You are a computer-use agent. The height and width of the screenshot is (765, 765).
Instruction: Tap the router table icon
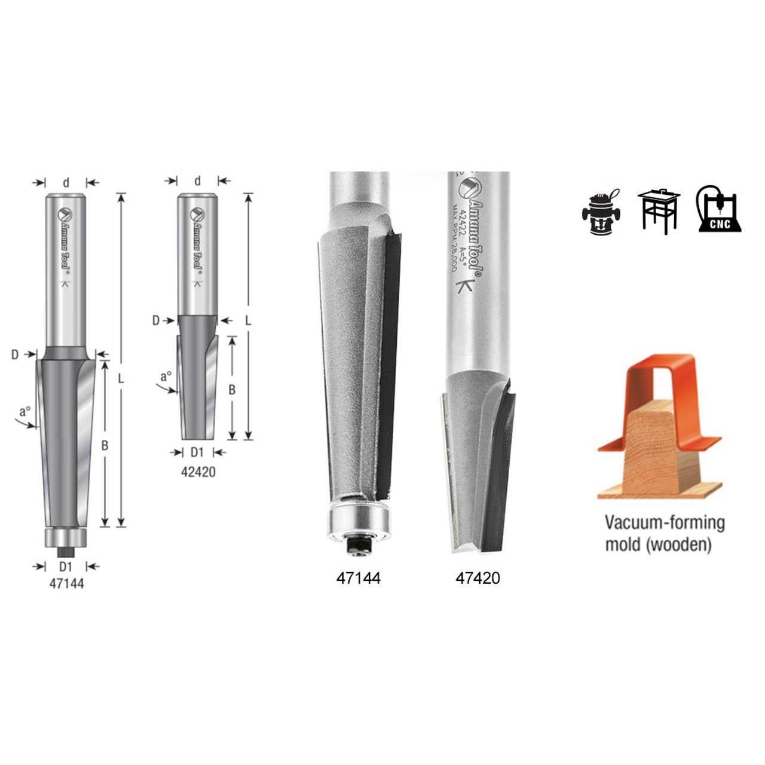pyautogui.click(x=659, y=210)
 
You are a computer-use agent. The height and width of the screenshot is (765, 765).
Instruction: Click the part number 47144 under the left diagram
pyautogui.click(x=66, y=584)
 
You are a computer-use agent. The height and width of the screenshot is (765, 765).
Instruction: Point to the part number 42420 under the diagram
pyautogui.click(x=198, y=472)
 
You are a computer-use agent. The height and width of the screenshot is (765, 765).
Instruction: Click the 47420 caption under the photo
pyautogui.click(x=478, y=578)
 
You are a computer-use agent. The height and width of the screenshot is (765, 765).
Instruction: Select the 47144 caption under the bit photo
pyautogui.click(x=358, y=578)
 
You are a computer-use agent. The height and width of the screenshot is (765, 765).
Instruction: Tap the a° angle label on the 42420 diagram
pyautogui.click(x=166, y=377)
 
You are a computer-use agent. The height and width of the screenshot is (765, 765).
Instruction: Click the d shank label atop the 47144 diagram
pyautogui.click(x=66, y=183)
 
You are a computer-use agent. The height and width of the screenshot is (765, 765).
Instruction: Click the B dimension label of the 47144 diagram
pyautogui.click(x=104, y=445)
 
